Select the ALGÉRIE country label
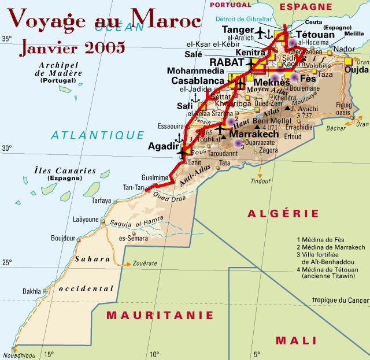[275, 214]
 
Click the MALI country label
[295, 340]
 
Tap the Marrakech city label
[254, 134]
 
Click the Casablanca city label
[198, 81]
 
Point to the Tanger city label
[237, 30]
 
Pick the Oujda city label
[348, 70]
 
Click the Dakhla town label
[32, 291]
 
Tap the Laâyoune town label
[86, 220]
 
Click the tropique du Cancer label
[340, 300]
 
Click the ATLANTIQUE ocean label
[97, 135]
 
